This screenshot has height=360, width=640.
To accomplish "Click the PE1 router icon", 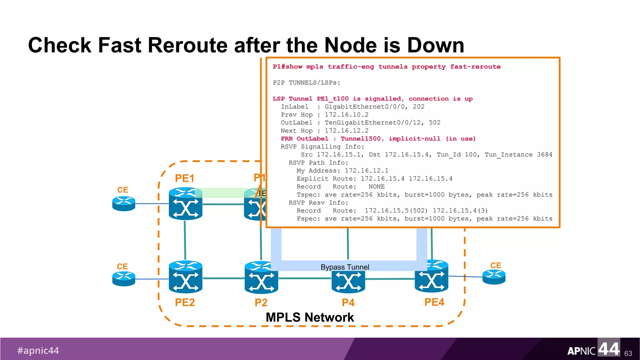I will click(185, 203).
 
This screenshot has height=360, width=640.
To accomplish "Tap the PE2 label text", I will click(185, 302).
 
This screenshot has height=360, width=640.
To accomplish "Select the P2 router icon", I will click(261, 277).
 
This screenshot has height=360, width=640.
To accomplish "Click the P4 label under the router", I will click(348, 302).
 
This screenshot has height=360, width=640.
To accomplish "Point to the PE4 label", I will click(434, 302).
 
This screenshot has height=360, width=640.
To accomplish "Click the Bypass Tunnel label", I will click(345, 267).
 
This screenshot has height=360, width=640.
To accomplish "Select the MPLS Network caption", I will click(310, 317).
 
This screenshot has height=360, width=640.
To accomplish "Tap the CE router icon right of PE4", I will click(494, 277).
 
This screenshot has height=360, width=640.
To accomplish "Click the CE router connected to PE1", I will click(124, 203).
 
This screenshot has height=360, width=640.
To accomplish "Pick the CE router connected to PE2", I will click(124, 278).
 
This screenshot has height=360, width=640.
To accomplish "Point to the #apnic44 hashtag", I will click(38, 351).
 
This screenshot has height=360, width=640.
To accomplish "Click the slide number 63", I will click(628, 353).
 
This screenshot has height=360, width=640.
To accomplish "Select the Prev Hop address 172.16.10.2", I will click(347, 115).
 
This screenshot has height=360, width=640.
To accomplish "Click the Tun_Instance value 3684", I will click(544, 155).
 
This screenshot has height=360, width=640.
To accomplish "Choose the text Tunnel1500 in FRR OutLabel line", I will click(361, 139).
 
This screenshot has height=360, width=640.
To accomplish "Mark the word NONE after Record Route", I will click(376, 187).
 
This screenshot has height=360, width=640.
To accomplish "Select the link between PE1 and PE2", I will click(185, 240).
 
